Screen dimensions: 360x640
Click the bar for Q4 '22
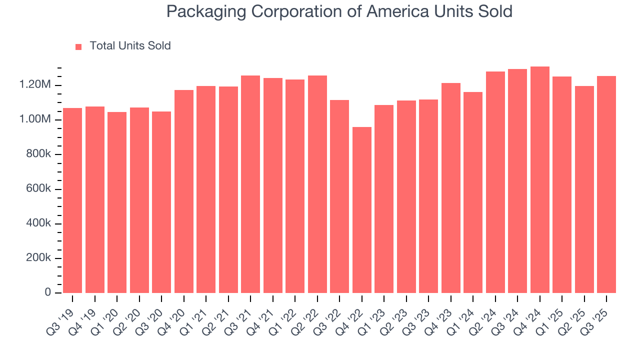pos(362,210)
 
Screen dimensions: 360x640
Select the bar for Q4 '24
pos(540,180)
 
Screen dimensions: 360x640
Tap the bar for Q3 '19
pos(72,200)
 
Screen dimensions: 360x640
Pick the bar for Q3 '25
pos(606,185)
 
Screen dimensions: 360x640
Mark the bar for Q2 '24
pos(495,182)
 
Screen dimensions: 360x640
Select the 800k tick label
pos(38,154)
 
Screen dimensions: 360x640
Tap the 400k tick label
pos(38,223)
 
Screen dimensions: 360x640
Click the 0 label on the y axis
pos(48,292)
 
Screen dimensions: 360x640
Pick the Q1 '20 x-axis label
pos(105,314)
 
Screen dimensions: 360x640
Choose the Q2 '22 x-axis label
pos(306,314)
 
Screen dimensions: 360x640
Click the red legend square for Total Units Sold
pos(78,47)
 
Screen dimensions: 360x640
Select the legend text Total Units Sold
pos(130,46)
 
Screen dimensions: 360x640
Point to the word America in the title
pos(397,11)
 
